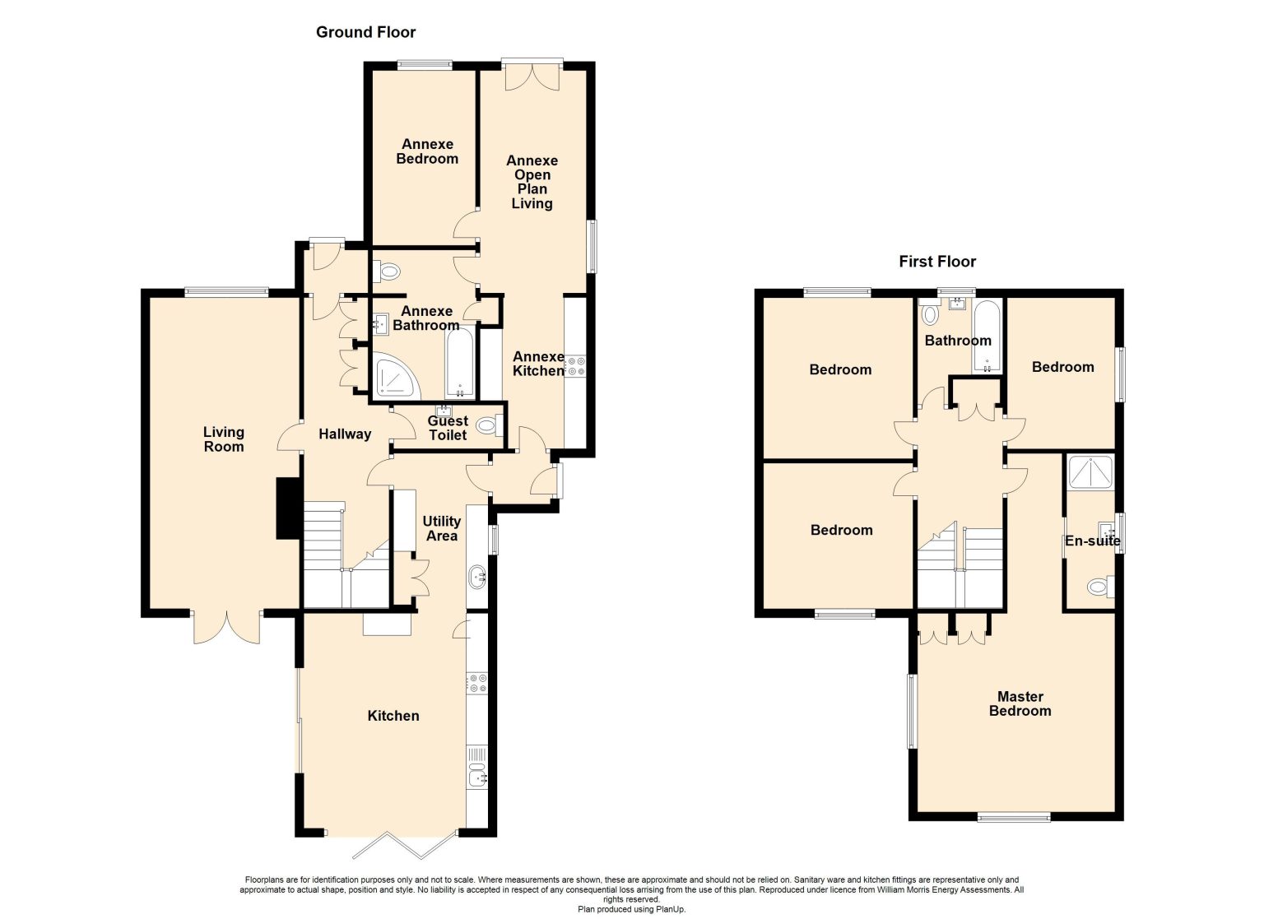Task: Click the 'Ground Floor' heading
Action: [x=365, y=32]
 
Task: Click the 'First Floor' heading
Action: [x=937, y=262]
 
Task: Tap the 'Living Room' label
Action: [x=224, y=439]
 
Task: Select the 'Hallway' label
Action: [x=345, y=434]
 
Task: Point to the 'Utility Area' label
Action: [x=442, y=528]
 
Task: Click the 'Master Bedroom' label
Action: [x=1020, y=703]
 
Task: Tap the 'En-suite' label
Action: [x=1093, y=541]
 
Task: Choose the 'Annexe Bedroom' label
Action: [x=427, y=151]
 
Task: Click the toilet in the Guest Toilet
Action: [x=490, y=425]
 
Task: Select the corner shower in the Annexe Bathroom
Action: [x=395, y=376]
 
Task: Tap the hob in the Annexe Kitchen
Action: [x=575, y=365]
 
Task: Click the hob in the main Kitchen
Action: [x=477, y=683]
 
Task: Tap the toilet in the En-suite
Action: [x=1100, y=587]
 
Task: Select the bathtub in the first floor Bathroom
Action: [x=987, y=337]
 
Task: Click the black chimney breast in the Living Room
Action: [x=288, y=508]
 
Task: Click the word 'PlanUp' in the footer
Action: [x=670, y=909]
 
